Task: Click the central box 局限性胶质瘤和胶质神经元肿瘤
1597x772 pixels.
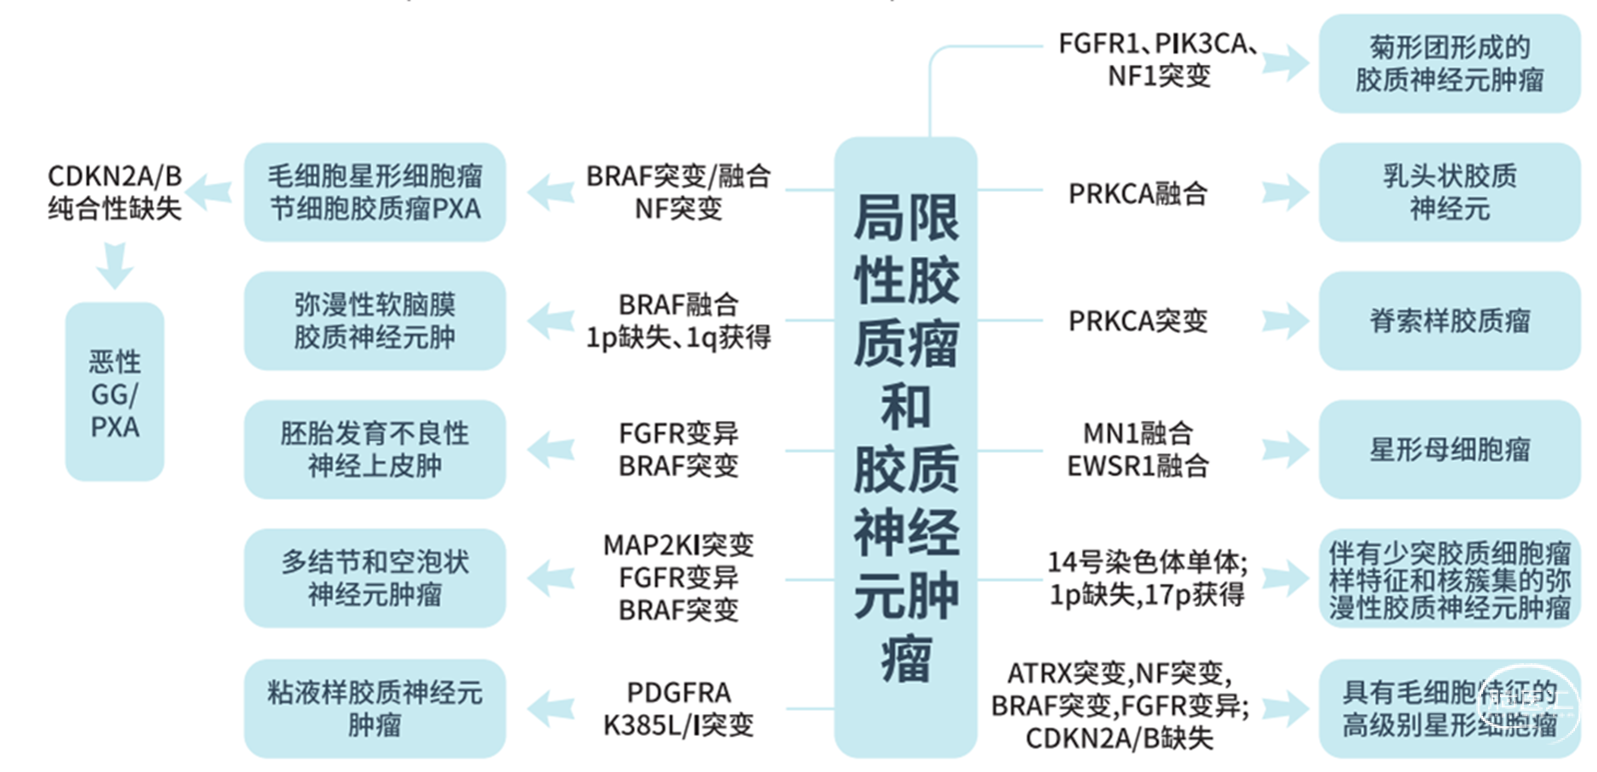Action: point(904,445)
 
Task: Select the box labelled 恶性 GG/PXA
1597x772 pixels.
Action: point(114,392)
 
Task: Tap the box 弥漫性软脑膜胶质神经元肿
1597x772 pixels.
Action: point(375,321)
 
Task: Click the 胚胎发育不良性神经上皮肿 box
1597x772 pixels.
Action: point(375,449)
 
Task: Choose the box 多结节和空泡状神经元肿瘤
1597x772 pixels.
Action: point(375,578)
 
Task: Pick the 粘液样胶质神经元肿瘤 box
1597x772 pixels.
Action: point(375,708)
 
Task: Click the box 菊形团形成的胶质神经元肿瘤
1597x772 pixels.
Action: point(1449,63)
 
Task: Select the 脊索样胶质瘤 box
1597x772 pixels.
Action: point(1449,321)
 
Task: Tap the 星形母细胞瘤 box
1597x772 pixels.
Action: point(1449,449)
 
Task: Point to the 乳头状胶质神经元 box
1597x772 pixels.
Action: point(1449,192)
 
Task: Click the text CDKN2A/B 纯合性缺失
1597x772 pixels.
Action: point(115,192)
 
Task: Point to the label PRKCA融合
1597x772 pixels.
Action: point(1137,193)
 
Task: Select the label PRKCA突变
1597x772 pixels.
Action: point(1137,321)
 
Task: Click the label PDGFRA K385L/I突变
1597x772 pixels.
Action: point(679,708)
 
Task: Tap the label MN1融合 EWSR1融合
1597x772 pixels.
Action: point(1137,449)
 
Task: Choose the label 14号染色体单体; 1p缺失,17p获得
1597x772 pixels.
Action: point(1146,578)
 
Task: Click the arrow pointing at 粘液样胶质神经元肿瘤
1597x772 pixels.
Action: point(550,708)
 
